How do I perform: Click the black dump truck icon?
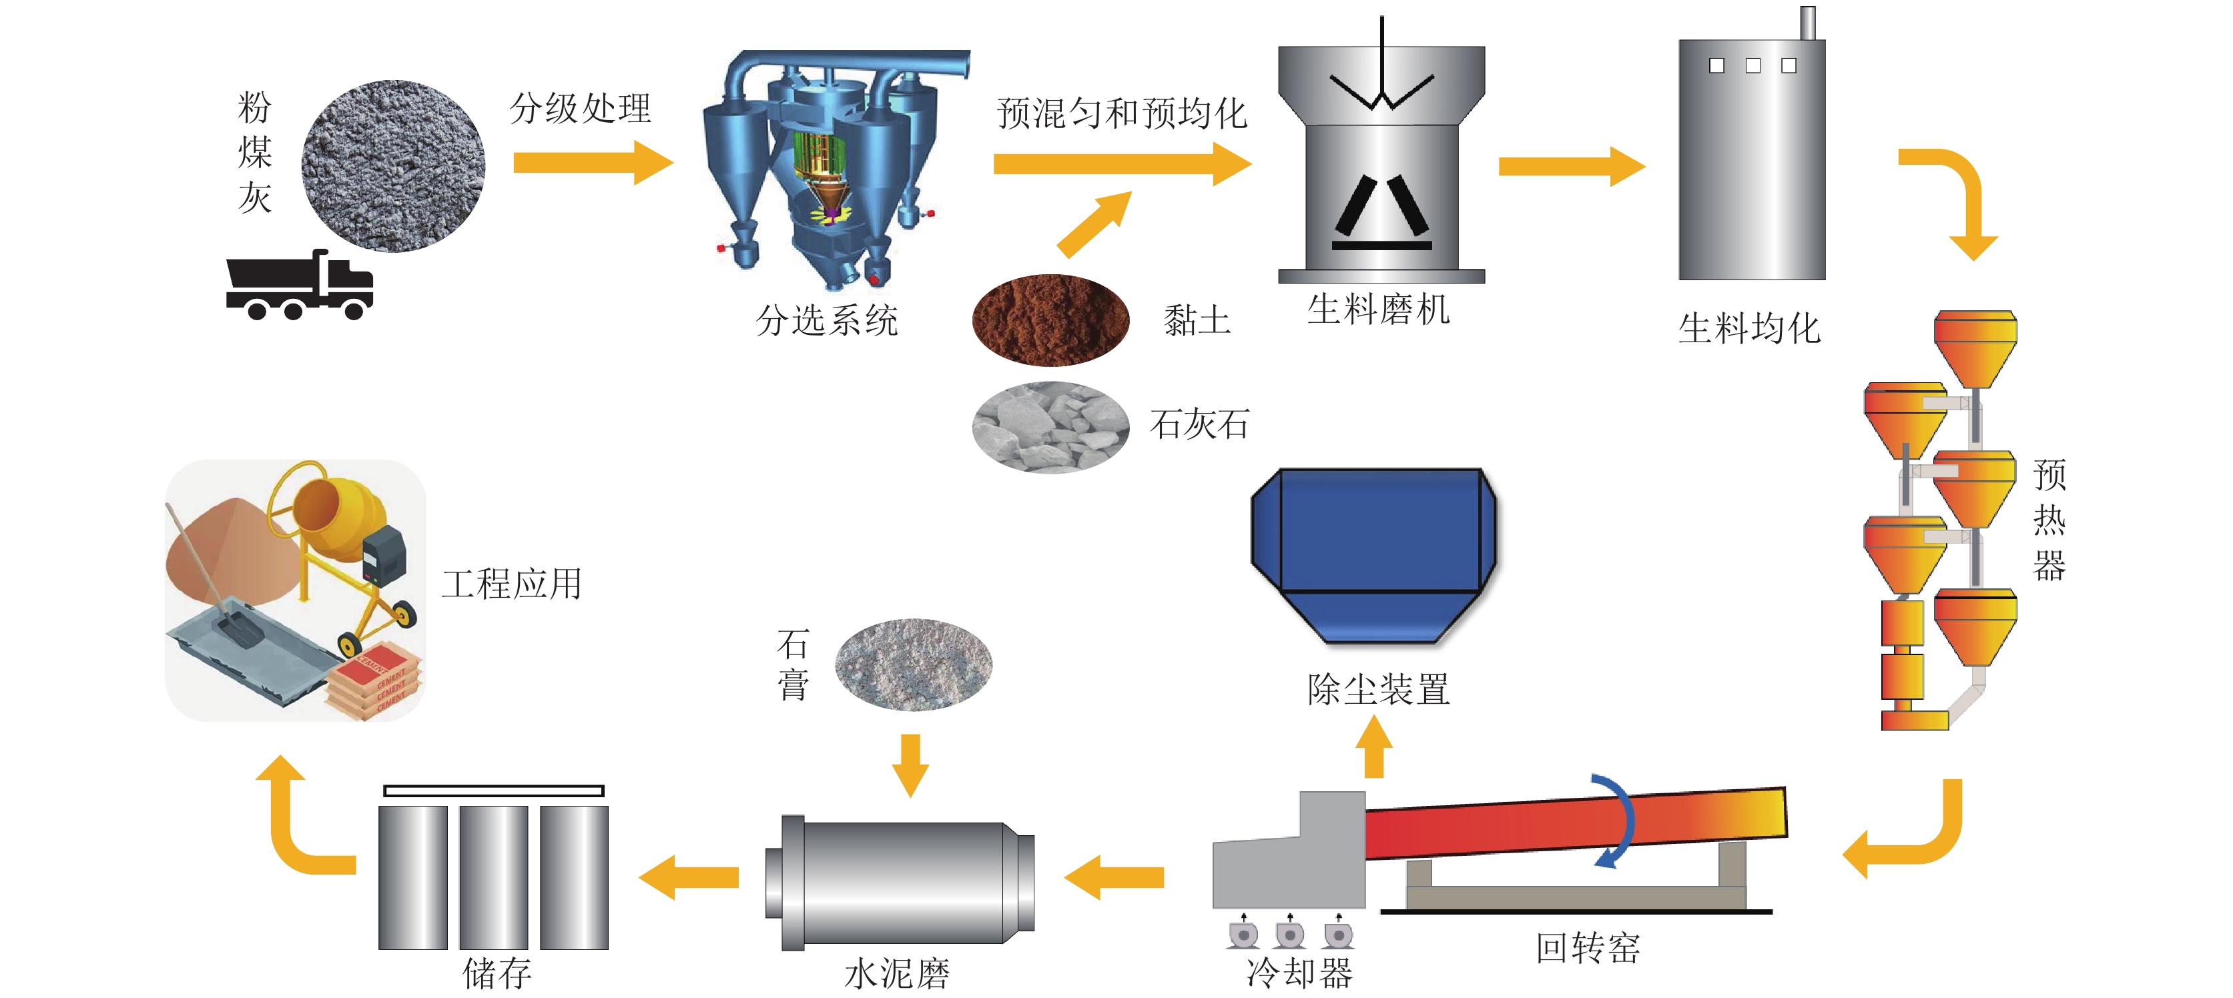pos(299,286)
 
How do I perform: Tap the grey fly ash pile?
pos(392,165)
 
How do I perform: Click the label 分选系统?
pos(826,320)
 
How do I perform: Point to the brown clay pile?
pos(1050,320)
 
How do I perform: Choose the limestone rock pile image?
pos(1050,427)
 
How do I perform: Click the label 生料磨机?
pos(1378,310)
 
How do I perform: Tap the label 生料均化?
pos(1748,328)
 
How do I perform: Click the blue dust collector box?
pos(1374,554)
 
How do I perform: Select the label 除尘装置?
pos(1378,690)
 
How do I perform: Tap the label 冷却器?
pos(1299,973)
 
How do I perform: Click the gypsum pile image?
pos(914,664)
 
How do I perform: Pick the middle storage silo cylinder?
pos(493,877)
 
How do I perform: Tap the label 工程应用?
pos(511,584)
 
